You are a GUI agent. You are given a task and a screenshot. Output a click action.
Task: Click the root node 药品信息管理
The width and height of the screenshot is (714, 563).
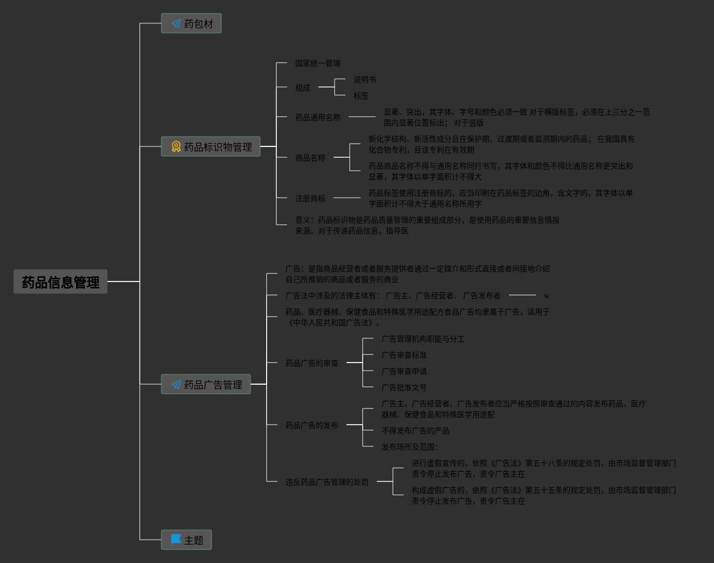click(x=60, y=282)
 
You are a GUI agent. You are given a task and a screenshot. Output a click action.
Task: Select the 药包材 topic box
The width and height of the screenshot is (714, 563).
click(x=191, y=24)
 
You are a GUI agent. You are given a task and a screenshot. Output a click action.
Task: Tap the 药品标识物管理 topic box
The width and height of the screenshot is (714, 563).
click(x=210, y=147)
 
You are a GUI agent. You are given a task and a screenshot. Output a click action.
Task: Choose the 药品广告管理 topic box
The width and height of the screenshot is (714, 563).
click(x=206, y=385)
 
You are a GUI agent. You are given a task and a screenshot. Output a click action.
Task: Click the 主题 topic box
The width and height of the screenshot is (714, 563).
click(x=186, y=540)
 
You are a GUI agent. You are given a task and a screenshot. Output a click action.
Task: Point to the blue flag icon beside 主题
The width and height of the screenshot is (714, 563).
click(x=176, y=540)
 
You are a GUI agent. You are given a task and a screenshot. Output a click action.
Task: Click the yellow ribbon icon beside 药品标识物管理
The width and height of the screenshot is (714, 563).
click(x=176, y=147)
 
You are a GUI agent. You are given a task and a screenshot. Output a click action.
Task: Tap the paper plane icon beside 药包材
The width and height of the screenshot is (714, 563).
click(x=176, y=24)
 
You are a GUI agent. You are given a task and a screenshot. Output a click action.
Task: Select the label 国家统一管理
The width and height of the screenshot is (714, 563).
click(x=317, y=63)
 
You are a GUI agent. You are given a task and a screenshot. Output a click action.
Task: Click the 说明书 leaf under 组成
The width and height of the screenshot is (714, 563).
click(x=364, y=79)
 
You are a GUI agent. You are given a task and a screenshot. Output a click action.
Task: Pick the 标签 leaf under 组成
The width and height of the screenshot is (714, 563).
click(x=361, y=96)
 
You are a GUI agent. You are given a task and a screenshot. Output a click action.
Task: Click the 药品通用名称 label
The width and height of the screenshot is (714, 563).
click(x=317, y=117)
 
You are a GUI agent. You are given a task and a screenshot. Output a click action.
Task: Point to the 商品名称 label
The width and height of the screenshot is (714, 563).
click(x=310, y=158)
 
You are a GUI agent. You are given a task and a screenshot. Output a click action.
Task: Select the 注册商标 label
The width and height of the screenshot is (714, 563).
click(x=310, y=198)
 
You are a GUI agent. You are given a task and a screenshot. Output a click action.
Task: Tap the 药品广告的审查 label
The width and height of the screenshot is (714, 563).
click(x=311, y=363)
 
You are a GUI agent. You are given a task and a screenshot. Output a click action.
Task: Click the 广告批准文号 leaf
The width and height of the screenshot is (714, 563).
click(x=404, y=387)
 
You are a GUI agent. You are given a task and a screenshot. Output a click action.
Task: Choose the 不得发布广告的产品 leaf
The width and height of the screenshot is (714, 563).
click(x=415, y=431)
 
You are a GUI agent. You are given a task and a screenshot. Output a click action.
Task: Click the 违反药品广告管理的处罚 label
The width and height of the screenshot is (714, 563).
click(x=327, y=482)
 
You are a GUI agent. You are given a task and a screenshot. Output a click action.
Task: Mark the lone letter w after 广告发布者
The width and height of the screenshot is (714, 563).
click(x=546, y=296)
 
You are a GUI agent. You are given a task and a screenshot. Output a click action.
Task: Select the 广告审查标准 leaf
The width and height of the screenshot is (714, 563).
click(x=404, y=355)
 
